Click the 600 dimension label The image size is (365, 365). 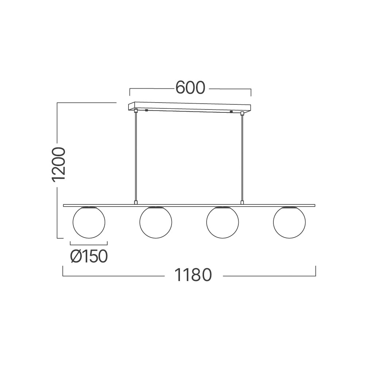(190, 88)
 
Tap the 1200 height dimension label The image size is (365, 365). (58, 164)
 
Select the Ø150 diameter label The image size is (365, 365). (89, 256)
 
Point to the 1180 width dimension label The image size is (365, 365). (193, 275)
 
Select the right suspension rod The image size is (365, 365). (242, 158)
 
